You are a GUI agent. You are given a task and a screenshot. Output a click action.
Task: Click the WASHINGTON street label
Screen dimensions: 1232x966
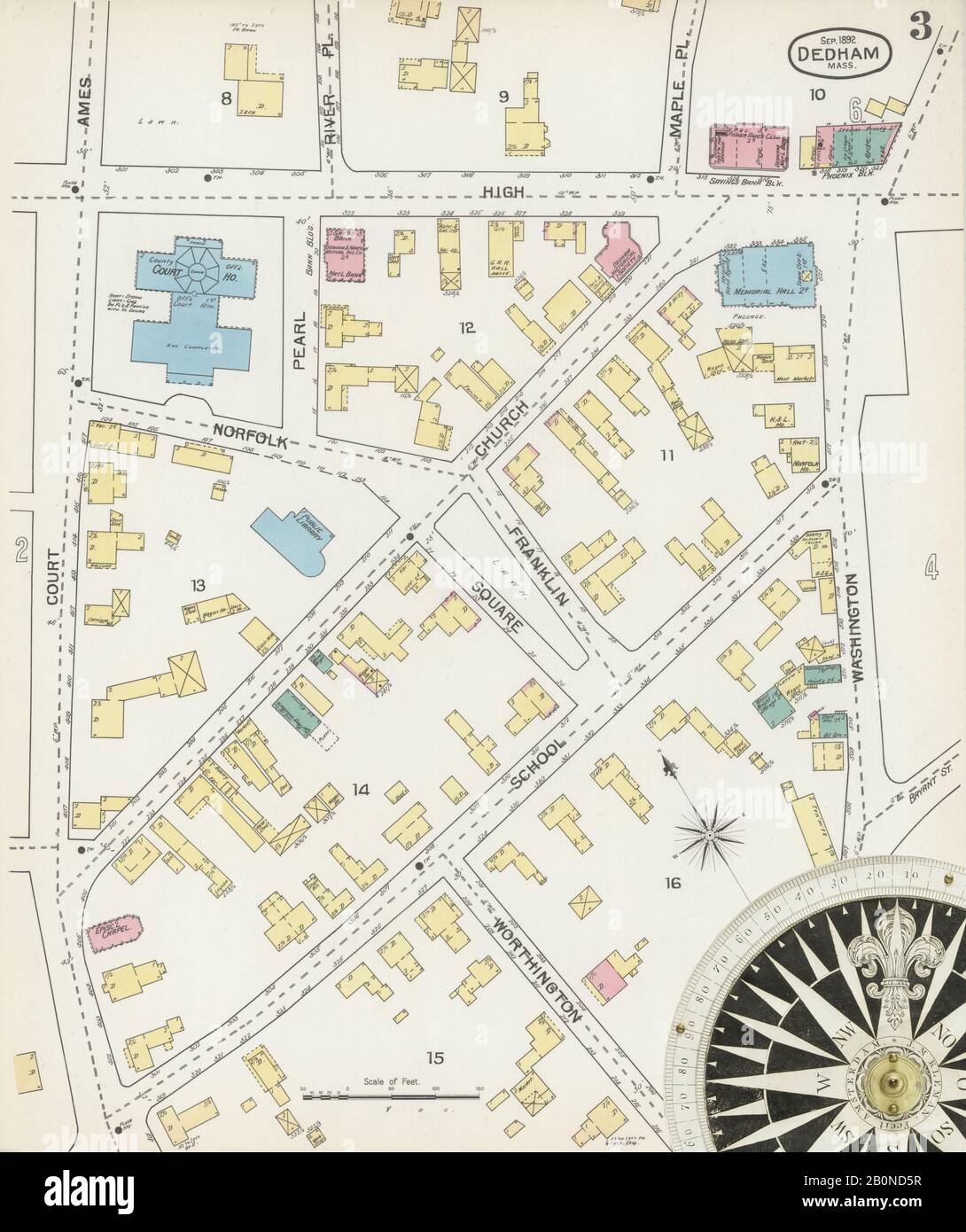(854, 626)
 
